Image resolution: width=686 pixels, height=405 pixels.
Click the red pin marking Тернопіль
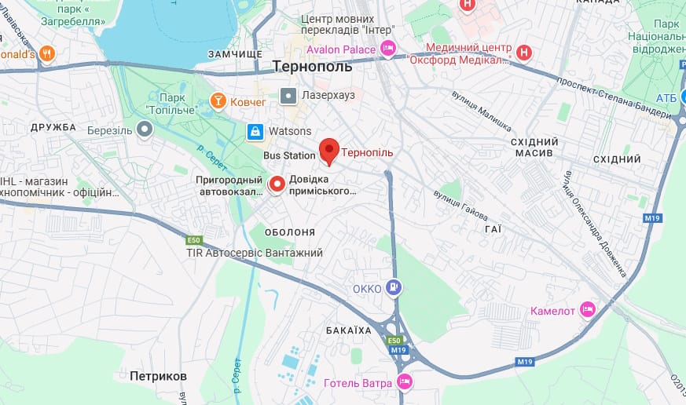click(328, 150)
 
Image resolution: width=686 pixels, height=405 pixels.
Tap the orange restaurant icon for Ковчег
click(218, 100)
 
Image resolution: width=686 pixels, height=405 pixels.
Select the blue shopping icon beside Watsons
click(255, 131)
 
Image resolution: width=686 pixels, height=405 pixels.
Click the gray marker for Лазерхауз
click(288, 96)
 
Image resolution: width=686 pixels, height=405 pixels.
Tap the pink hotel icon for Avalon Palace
click(387, 49)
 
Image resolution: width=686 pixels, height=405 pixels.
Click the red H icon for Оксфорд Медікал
click(524, 53)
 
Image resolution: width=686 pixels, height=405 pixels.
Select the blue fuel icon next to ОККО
click(394, 288)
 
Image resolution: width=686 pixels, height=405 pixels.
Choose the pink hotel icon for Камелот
click(587, 309)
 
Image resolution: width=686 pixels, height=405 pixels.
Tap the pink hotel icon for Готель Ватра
click(404, 382)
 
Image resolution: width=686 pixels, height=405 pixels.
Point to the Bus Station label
click(288, 155)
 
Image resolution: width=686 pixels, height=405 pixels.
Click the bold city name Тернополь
click(312, 67)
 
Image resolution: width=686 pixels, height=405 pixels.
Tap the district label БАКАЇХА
click(348, 330)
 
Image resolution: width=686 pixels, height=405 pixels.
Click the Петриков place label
click(159, 376)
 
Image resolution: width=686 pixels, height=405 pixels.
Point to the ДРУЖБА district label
click(53, 126)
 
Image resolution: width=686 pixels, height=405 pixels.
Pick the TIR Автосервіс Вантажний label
click(255, 253)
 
